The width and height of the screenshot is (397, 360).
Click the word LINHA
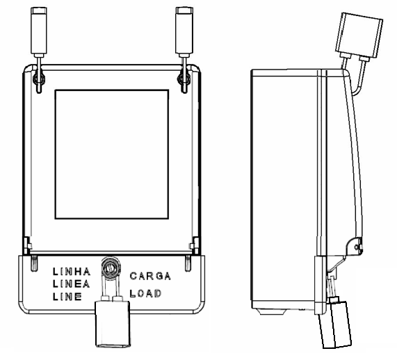click(x=72, y=272)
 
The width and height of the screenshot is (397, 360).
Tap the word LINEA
click(x=71, y=284)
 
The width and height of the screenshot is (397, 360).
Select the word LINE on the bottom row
click(x=67, y=296)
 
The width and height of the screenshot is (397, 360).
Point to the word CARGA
click(x=150, y=276)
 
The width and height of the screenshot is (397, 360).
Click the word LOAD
click(x=145, y=293)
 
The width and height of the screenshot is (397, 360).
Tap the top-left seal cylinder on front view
click(x=39, y=31)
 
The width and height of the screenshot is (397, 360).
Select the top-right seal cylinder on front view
click(x=184, y=31)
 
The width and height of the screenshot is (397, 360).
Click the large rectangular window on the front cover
click(x=112, y=154)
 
